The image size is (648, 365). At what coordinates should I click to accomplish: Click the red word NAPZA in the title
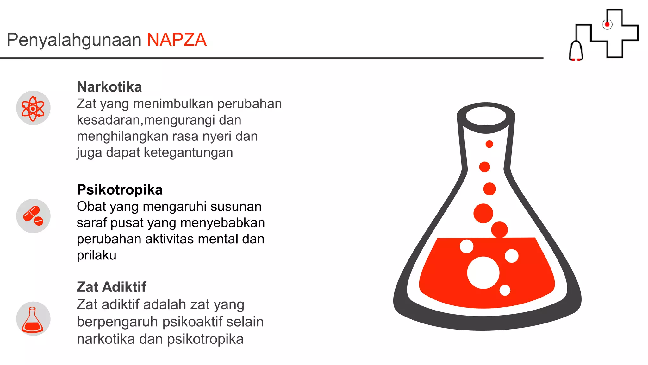tap(177, 40)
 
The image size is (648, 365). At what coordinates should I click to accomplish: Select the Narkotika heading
tap(109, 87)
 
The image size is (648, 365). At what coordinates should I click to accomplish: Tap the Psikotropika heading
tap(120, 190)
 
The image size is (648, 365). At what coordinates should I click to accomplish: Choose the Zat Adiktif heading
tap(111, 287)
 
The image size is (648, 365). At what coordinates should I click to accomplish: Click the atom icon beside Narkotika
tap(33, 108)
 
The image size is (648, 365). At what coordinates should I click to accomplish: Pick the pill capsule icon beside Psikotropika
tap(33, 216)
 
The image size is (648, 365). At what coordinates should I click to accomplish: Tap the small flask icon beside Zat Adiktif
tap(33, 319)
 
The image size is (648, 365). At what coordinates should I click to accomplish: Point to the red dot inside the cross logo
tap(607, 24)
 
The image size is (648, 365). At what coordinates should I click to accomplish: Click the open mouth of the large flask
tap(486, 116)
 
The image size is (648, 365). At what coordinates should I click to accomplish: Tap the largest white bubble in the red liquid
tap(483, 273)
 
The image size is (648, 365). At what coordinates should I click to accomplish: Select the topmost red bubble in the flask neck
tap(489, 144)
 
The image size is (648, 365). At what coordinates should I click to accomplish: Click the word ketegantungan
tap(188, 152)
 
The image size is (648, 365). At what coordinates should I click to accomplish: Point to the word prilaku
tap(97, 255)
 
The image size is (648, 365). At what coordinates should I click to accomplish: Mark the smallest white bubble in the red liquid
tap(505, 290)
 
